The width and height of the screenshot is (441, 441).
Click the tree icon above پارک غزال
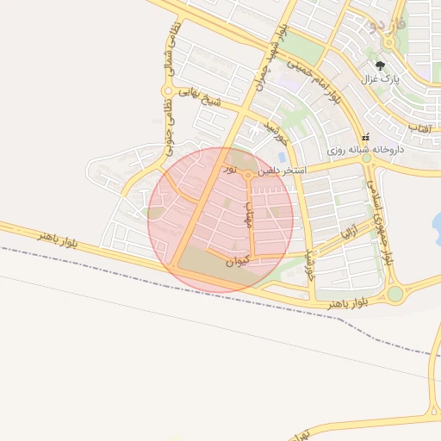tap(380, 65)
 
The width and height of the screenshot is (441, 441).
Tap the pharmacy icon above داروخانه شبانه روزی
tap(367, 136)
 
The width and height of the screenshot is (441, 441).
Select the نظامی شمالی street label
tap(167, 53)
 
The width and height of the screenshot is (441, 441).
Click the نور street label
tap(229, 170)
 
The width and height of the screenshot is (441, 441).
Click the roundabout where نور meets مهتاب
tap(249, 175)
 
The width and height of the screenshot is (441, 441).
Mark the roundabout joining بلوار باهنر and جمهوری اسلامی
tap(394, 294)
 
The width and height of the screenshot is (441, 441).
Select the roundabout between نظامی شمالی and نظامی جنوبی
tap(166, 90)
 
